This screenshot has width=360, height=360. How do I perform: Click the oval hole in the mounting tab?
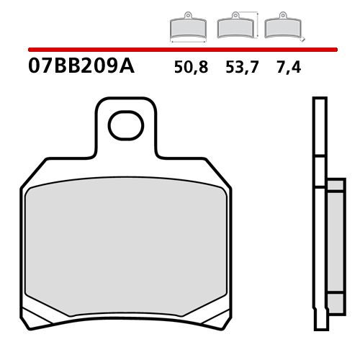click(126, 126)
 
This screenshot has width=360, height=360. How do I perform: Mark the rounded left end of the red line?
click(30, 50)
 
